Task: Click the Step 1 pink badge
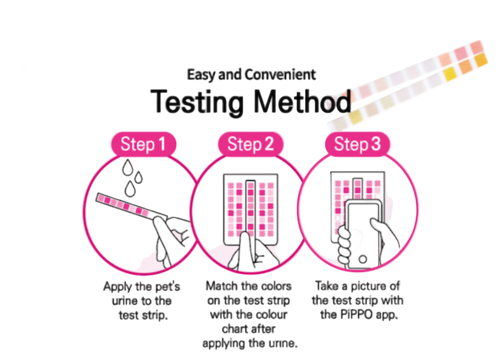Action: tap(143, 144)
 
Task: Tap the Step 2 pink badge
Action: tap(250, 144)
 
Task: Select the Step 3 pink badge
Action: tap(357, 144)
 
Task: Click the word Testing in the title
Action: tap(197, 102)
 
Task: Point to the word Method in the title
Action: tap(302, 102)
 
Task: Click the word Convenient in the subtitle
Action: tap(280, 75)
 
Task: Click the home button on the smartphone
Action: tap(363, 259)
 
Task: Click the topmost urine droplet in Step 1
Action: tap(128, 167)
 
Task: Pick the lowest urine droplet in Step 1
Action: tap(130, 189)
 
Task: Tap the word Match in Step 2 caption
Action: tap(221, 286)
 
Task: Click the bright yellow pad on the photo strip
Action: tap(450, 74)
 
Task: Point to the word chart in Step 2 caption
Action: tap(234, 329)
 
